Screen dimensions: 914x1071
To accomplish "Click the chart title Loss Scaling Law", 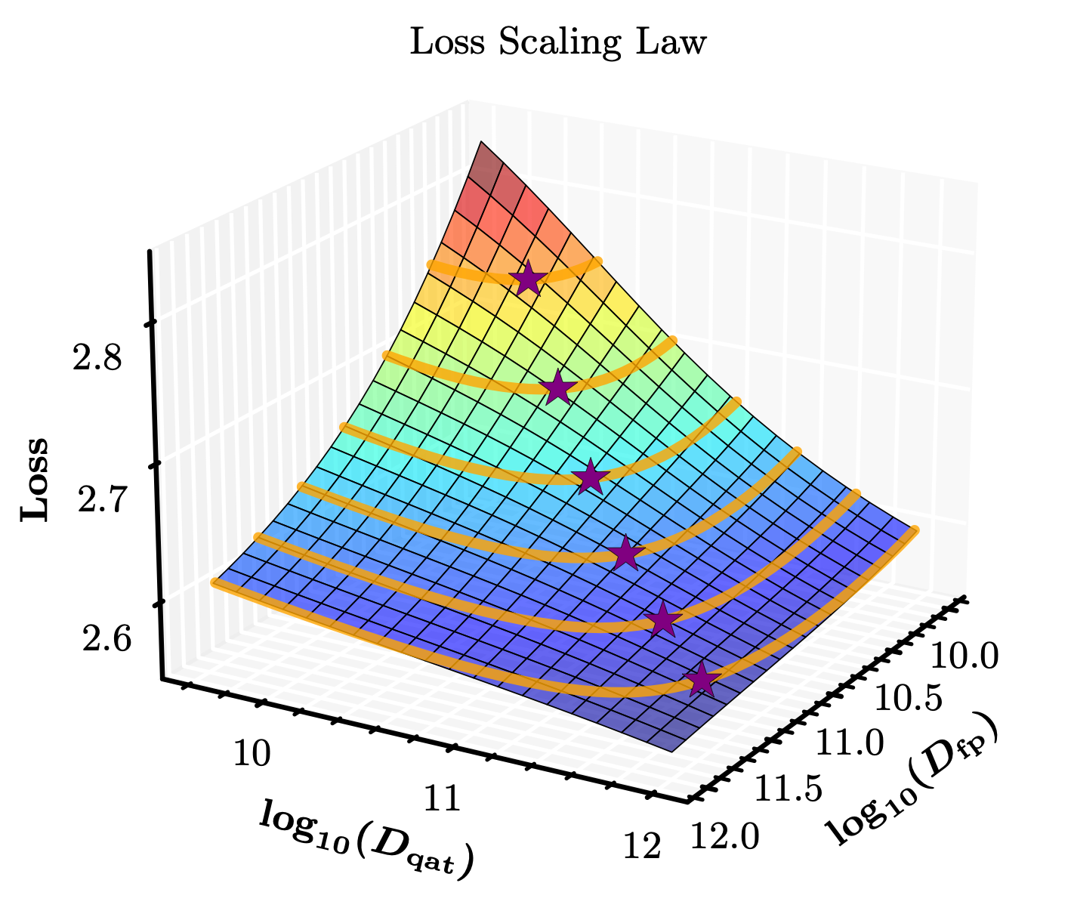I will click(x=557, y=43).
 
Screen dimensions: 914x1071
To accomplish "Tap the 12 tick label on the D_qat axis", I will click(x=643, y=848).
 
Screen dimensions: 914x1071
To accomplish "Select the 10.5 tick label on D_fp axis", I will click(x=910, y=700).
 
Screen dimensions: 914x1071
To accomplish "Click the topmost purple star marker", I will click(x=528, y=279).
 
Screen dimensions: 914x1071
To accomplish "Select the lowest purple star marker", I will click(x=700, y=680).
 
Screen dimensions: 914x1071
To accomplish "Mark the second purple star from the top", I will click(x=557, y=388).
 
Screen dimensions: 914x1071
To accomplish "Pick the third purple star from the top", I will click(x=590, y=477).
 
